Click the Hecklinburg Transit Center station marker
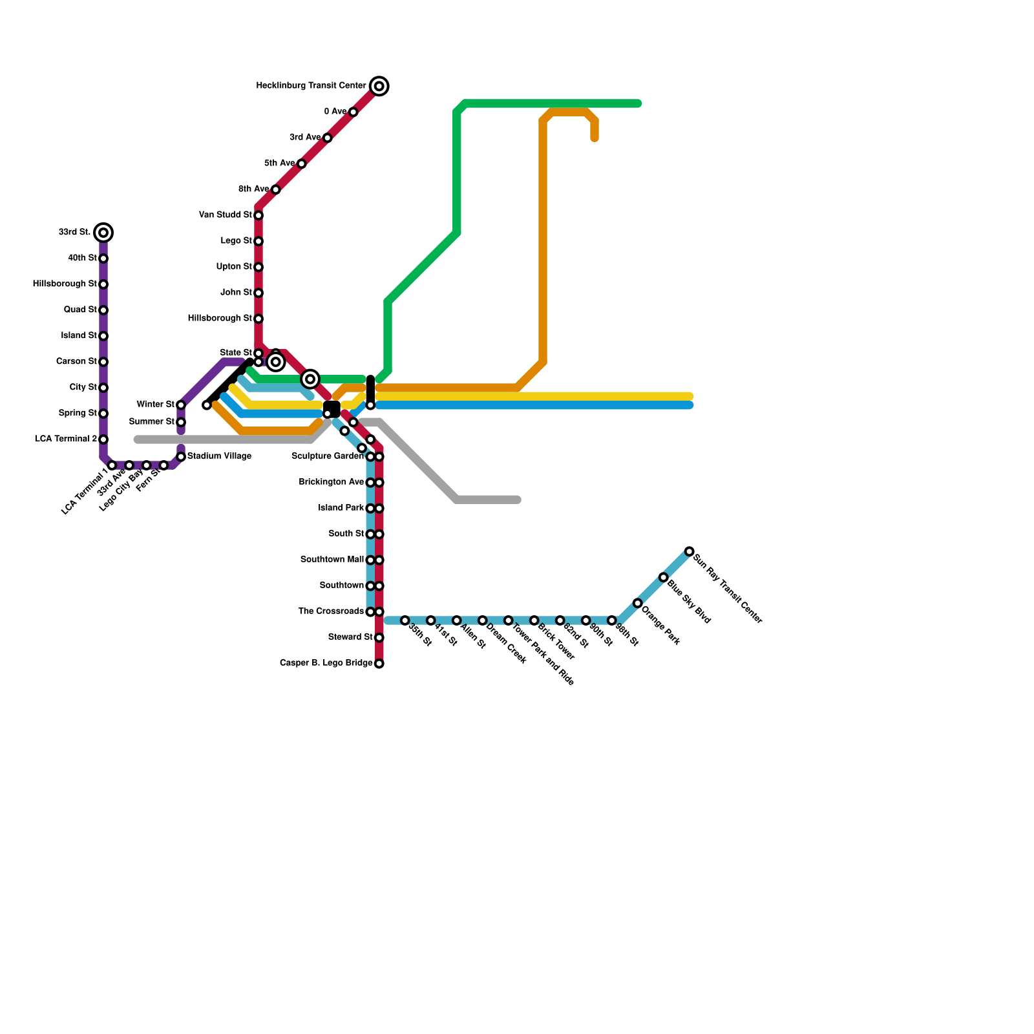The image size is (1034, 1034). pos(379,86)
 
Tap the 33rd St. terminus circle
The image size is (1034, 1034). pos(103,233)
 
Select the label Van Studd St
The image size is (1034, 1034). pos(226,215)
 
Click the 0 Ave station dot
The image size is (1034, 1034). pos(353,112)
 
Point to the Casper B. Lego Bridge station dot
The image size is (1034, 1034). pos(379,664)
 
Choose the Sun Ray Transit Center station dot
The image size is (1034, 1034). pos(690,552)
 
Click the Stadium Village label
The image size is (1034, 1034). pos(219,456)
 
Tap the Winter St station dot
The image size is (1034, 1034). pos(181,405)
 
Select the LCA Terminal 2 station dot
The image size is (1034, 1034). pos(103,439)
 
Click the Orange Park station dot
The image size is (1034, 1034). pos(638,604)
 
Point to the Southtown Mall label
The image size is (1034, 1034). pos(332,560)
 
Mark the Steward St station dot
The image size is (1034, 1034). pos(379,638)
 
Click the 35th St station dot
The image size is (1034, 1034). pos(405,620)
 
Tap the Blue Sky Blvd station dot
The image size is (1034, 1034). pos(664,578)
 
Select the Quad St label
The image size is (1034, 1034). pos(80,310)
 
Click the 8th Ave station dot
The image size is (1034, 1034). pos(276,189)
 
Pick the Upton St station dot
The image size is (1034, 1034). pos(258,267)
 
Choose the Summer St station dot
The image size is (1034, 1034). pos(181,423)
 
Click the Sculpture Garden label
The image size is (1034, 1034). pos(328,456)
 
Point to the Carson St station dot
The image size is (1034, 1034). pos(103,362)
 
